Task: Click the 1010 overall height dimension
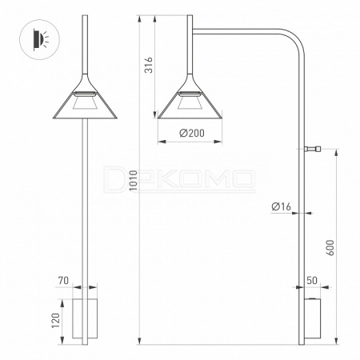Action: click(134, 180)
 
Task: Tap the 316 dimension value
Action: click(149, 65)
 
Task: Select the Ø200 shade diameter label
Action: click(192, 133)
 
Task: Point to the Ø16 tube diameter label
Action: click(282, 206)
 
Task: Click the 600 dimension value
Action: click(330, 248)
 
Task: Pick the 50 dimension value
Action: click(312, 281)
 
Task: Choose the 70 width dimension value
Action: click(63, 281)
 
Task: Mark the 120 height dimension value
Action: click(56, 321)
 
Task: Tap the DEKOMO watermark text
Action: click(179, 178)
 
